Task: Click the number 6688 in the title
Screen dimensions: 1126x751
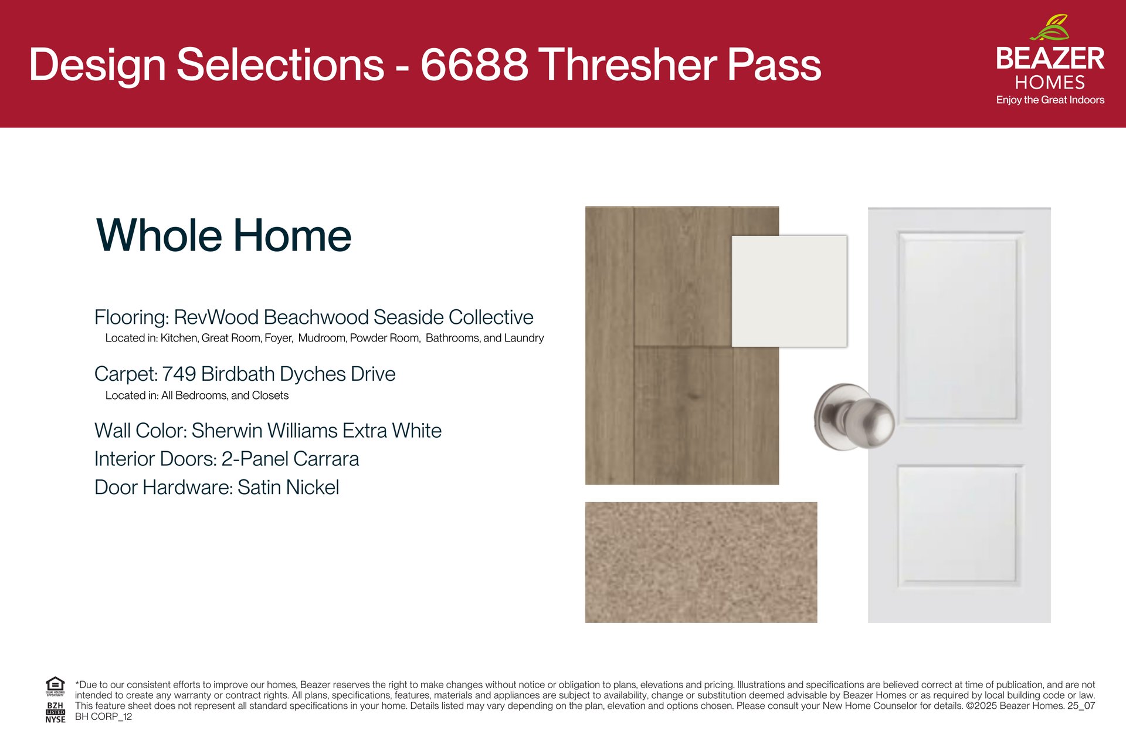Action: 474,64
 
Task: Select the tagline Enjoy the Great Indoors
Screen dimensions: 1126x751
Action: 1050,100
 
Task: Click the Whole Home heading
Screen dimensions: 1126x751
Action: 223,236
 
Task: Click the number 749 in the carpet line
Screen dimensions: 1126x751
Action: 179,374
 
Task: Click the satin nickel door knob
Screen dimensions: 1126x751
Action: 854,417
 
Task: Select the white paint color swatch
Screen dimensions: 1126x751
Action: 789,291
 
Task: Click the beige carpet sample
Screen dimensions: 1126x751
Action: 701,562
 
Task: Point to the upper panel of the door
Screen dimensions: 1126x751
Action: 959,326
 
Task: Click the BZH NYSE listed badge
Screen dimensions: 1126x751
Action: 55,712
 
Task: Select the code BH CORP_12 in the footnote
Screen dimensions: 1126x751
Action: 103,717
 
